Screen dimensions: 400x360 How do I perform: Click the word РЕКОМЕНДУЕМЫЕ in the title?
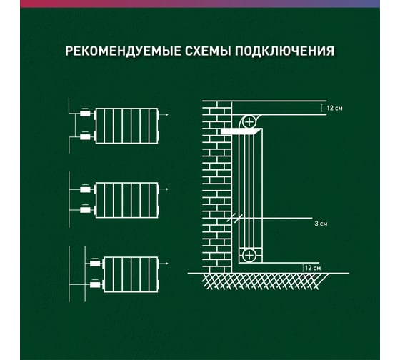[x=124, y=51]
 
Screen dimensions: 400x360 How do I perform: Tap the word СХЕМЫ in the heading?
[x=208, y=51]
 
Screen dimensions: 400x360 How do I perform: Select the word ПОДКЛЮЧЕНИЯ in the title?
[x=284, y=51]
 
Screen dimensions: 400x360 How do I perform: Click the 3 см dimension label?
[x=321, y=224]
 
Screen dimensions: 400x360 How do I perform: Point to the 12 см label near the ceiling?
[x=334, y=108]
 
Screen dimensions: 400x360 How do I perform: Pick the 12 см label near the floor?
[x=313, y=268]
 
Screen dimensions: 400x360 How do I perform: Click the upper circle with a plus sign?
[x=249, y=121]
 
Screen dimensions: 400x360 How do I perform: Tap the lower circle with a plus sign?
[x=249, y=255]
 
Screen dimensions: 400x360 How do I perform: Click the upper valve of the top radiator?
[x=85, y=113]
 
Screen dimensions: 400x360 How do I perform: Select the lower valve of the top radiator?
[x=85, y=136]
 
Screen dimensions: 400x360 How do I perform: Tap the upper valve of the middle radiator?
[x=85, y=189]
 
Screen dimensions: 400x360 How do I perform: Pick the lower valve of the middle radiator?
[x=85, y=209]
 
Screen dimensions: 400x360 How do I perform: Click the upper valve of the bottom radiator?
[x=95, y=263]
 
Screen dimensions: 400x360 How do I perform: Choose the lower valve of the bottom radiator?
[x=95, y=284]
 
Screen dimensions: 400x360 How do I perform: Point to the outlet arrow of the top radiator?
[x=164, y=115]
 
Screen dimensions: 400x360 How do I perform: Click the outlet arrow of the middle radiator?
[x=164, y=189]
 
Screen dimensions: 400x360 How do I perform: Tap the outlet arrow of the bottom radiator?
[x=164, y=264]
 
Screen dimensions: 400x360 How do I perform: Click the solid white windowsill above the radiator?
[x=241, y=131]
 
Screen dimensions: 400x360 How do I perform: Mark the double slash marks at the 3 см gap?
[x=235, y=219]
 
